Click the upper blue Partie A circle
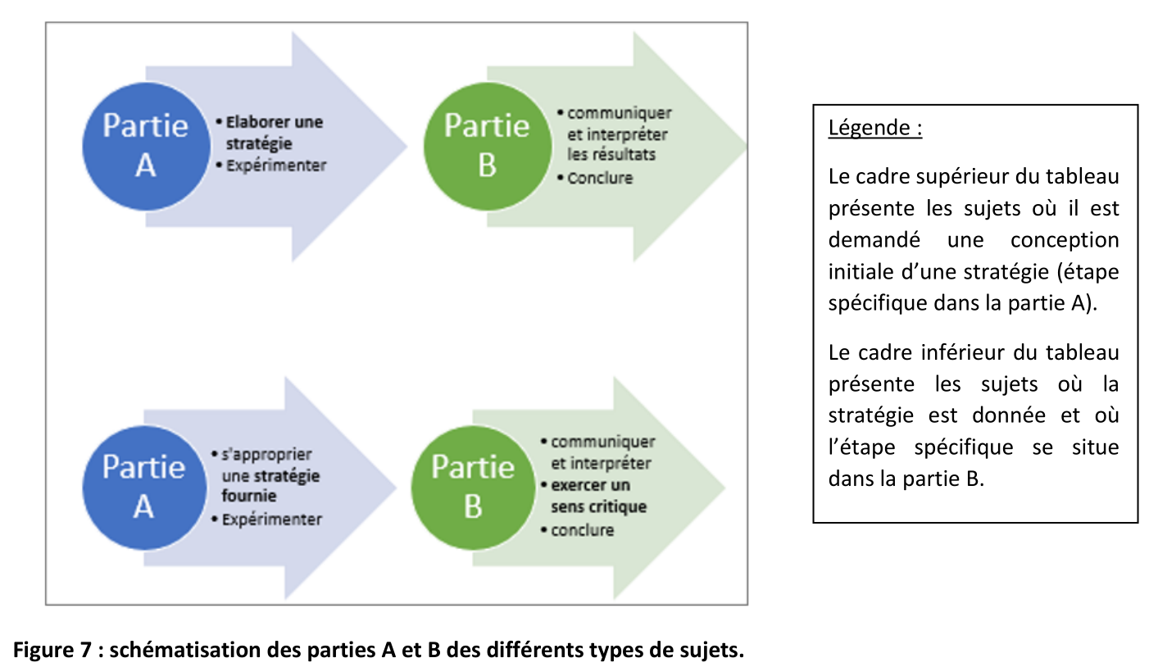point(147,147)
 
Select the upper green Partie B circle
point(488,147)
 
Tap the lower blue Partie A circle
point(144,488)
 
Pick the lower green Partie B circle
point(473,488)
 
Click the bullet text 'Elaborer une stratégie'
point(270,133)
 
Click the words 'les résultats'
point(611,154)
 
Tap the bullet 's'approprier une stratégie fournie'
point(266,474)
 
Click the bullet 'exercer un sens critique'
point(594,496)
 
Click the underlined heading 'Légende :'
point(875,128)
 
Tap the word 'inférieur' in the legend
point(963,352)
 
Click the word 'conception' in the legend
point(1065,240)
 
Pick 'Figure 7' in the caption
point(52,650)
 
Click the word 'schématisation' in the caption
point(185,650)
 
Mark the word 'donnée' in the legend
point(1009,415)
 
